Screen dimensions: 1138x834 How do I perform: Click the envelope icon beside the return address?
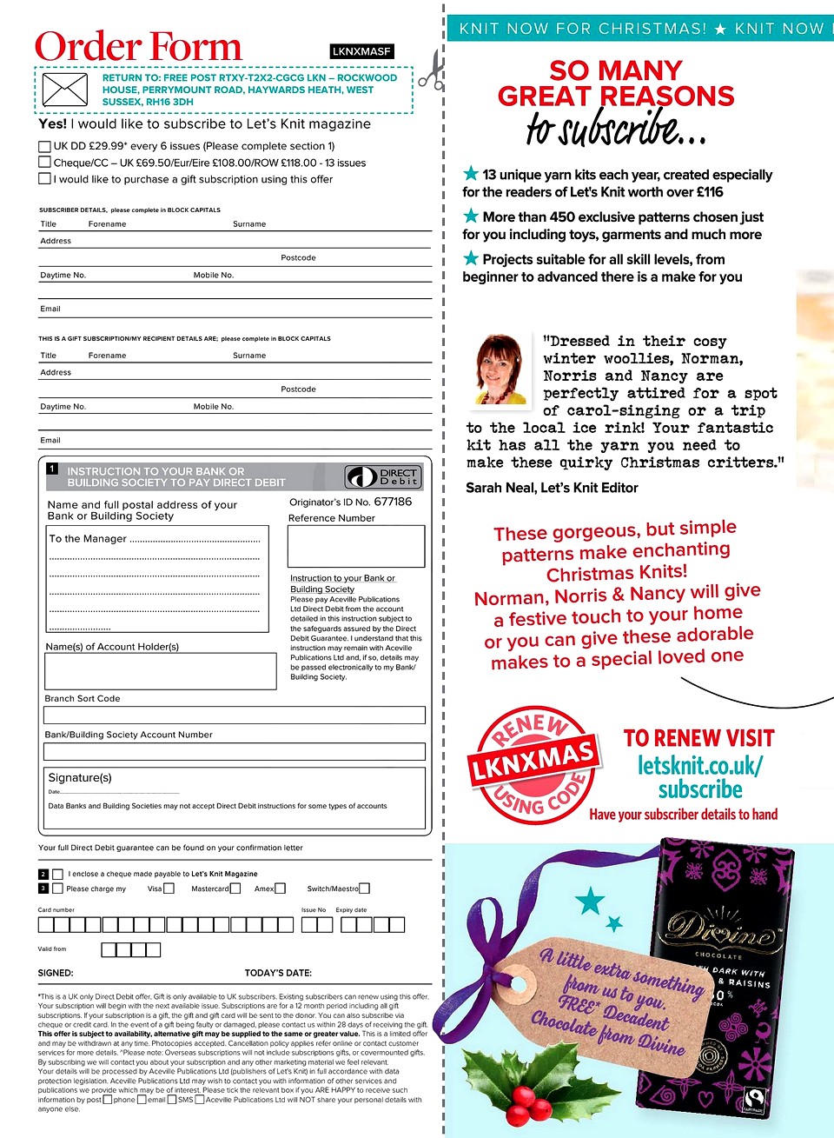tap(65, 90)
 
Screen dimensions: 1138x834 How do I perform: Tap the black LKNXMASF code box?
tap(362, 51)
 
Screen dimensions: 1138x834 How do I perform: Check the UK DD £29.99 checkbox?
tap(44, 146)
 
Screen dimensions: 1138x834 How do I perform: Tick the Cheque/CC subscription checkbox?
tap(44, 162)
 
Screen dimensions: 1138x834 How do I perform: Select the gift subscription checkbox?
tap(44, 178)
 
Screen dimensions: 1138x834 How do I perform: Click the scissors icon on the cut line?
tap(431, 70)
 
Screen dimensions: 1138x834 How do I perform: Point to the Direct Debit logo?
tap(383, 476)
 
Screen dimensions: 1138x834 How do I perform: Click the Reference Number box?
tap(356, 546)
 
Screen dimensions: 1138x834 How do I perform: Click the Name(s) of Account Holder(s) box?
tap(160, 671)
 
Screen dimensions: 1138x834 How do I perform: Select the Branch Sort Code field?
tap(235, 715)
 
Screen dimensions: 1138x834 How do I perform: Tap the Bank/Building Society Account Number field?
tap(235, 751)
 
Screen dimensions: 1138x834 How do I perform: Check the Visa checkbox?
tap(169, 888)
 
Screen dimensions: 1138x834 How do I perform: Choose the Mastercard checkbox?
tap(235, 888)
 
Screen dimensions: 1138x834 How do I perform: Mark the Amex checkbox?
tap(281, 888)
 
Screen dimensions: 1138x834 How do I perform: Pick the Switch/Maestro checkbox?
tap(365, 888)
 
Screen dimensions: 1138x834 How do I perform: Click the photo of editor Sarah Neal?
tap(501, 369)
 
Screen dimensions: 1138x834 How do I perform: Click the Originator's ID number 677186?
tap(393, 502)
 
